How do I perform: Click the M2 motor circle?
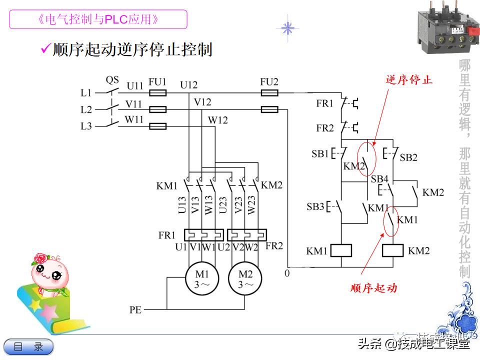coord(245,279)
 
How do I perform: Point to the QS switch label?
coord(112,80)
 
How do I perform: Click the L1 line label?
coord(86,93)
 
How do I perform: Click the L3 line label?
coord(86,126)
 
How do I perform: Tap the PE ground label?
coord(135,310)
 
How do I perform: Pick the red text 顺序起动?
coord(373,288)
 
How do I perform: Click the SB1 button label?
coord(320,153)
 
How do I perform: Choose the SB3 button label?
coord(315,206)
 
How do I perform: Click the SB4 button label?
coord(379,179)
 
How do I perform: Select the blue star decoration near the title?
coord(287,28)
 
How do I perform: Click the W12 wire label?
coord(217,120)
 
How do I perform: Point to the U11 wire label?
coord(134,86)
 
